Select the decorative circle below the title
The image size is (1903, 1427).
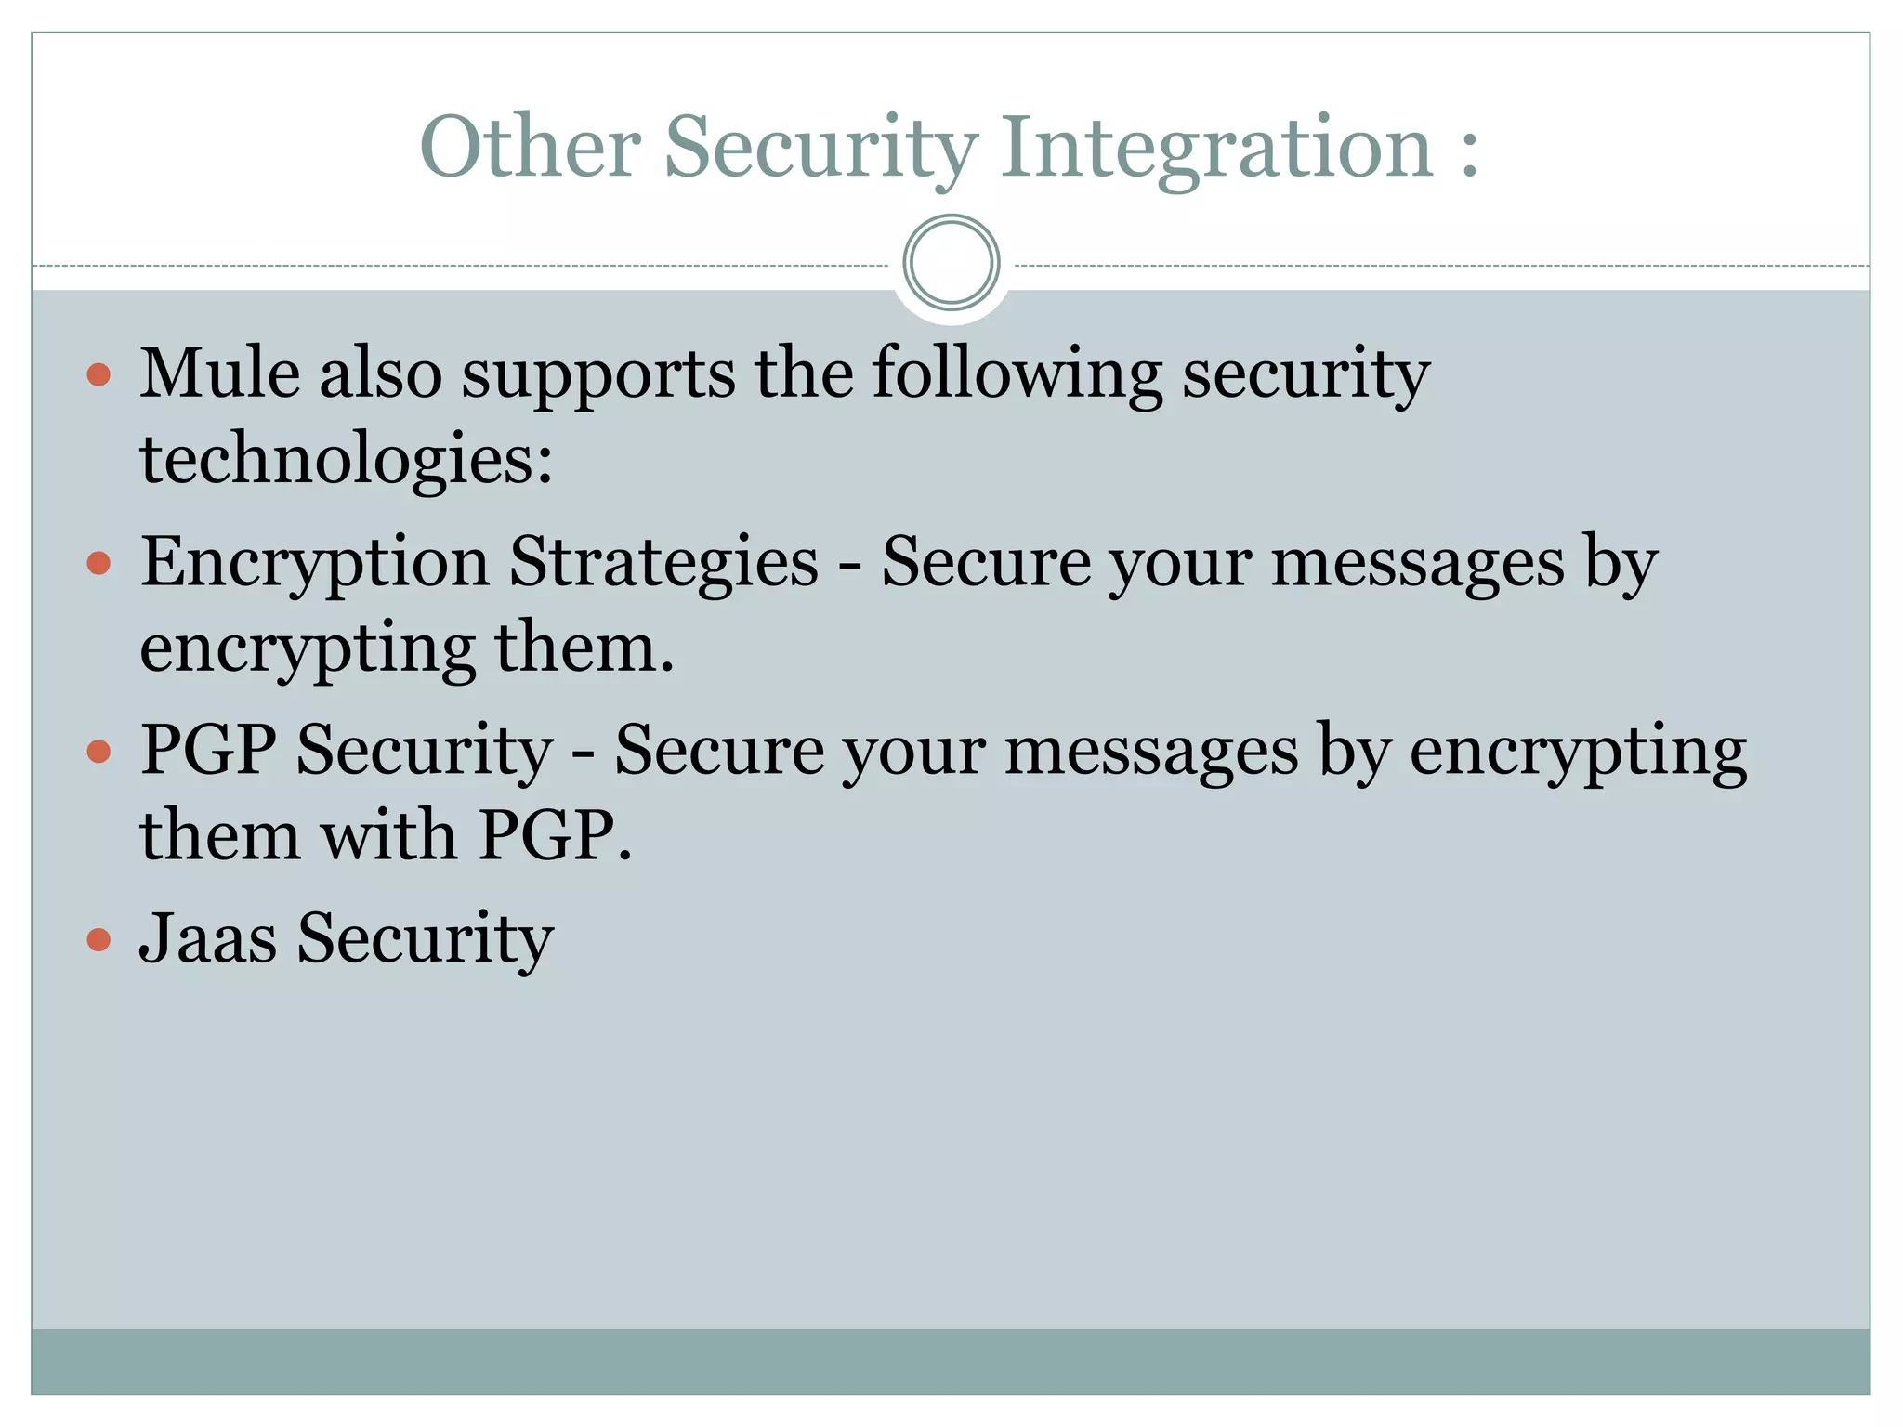951,263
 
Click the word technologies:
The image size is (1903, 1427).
347,460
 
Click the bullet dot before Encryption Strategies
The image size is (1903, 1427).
98,563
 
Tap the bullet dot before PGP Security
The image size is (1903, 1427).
98,751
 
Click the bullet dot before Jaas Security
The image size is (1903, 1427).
98,939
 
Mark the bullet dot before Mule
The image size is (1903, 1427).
98,375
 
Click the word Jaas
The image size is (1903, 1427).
208,937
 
